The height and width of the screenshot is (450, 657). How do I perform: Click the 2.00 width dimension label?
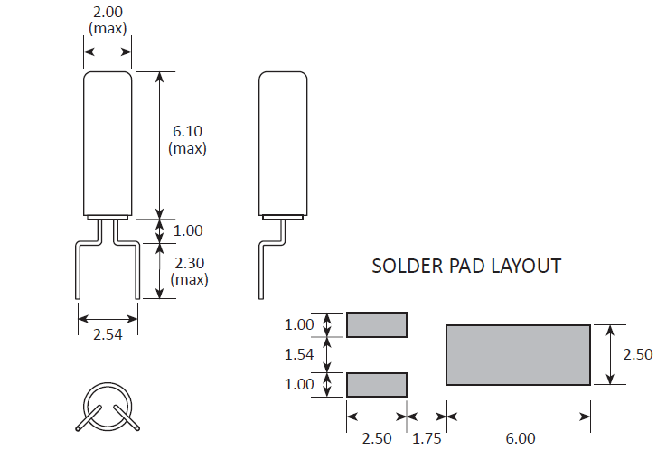click(108, 12)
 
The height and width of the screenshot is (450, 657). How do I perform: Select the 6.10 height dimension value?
click(187, 131)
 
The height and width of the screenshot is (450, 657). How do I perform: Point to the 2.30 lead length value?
click(190, 263)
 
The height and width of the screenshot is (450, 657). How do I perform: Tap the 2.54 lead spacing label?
click(108, 334)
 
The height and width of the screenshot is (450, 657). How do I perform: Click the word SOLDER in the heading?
click(408, 266)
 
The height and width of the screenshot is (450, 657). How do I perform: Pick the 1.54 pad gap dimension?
click(299, 354)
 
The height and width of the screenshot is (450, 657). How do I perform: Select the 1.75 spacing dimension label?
click(427, 438)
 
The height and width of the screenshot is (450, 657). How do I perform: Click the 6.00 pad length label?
click(521, 438)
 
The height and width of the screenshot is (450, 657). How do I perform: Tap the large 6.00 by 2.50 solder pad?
click(519, 354)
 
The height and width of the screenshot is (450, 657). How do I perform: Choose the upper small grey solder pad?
click(377, 324)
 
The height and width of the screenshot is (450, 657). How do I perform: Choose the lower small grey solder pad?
click(377, 385)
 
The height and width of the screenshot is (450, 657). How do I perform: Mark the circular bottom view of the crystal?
click(108, 407)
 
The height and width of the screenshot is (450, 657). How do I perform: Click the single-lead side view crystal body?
click(283, 144)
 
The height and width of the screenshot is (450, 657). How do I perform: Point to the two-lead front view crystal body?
click(108, 144)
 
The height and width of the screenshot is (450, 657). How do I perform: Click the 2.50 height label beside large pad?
click(638, 354)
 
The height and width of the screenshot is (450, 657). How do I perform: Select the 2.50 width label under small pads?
click(377, 438)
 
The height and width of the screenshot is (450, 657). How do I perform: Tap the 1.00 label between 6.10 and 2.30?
click(188, 230)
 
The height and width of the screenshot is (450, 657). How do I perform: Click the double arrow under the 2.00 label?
click(108, 52)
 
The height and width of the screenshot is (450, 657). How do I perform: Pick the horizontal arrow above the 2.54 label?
click(108, 319)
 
